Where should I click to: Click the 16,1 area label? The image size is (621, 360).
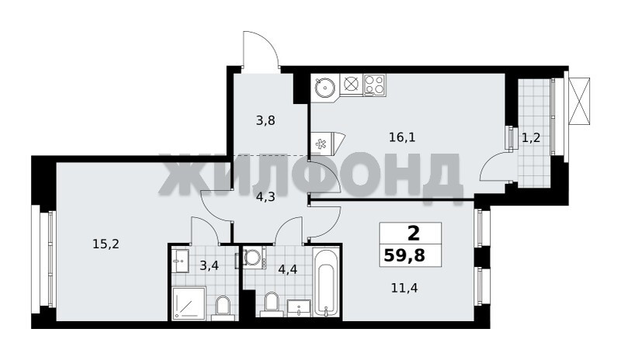coord(402,138)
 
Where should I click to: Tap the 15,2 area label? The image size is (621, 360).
coord(106,244)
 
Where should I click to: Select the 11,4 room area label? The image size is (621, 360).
coord(404,288)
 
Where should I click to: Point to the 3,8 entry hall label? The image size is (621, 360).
coord(265,120)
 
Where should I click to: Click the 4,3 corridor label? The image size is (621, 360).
coord(265,197)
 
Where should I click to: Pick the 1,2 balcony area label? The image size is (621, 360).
coord(531,138)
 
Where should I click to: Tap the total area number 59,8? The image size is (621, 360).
coord(404,256)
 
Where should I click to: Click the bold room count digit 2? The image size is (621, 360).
coord(413,234)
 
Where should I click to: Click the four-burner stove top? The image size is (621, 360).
coord(374,85)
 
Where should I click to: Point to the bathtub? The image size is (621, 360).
coord(326,282)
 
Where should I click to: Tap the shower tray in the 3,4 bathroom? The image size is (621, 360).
coord(189,304)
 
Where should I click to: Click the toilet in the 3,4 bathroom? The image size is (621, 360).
coord(224,309)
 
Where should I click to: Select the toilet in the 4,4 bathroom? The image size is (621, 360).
coord(272,304)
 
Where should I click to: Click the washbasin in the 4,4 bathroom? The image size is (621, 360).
coord(299,308)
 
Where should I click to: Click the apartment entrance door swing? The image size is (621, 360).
coord(260,49)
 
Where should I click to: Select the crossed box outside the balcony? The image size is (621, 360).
coord(579,101)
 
